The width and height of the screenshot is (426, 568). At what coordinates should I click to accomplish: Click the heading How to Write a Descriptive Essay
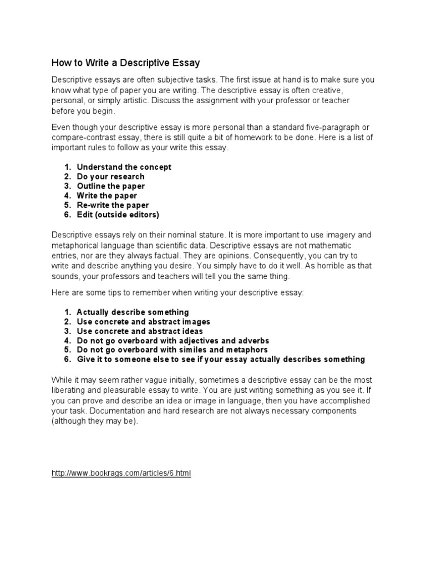(x=126, y=62)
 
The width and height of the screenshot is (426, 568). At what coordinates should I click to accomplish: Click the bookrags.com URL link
(x=121, y=474)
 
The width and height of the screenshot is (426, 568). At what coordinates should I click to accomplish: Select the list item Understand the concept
(x=124, y=167)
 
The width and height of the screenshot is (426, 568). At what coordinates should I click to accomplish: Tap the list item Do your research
(x=110, y=176)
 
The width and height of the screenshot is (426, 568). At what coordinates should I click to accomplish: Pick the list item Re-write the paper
(x=113, y=205)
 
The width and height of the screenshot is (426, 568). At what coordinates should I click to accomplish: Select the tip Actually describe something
(x=133, y=312)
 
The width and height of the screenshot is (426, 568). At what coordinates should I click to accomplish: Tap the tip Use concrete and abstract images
(x=143, y=322)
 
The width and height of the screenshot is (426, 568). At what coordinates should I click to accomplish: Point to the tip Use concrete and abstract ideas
(x=140, y=331)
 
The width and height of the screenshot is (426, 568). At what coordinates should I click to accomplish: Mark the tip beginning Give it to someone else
(x=221, y=359)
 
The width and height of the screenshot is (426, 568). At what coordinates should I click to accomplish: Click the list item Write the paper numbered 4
(x=106, y=195)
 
